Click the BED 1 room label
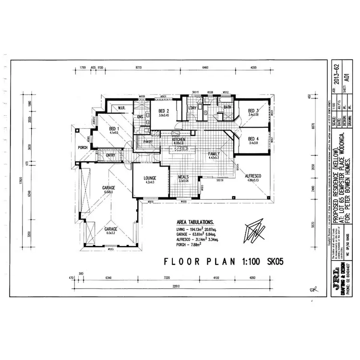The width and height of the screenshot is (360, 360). coord(114,129)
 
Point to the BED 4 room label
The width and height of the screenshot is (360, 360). coord(253,139)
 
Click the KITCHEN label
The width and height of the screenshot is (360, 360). coord(179,139)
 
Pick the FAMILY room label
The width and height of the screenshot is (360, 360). coord(214,154)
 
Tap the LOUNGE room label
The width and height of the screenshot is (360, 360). coord(150,178)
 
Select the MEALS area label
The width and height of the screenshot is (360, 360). coord(184,177)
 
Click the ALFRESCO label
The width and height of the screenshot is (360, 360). coord(252,177)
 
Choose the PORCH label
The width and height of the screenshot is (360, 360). coord(83,148)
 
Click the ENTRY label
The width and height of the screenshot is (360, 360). coord(110,155)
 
